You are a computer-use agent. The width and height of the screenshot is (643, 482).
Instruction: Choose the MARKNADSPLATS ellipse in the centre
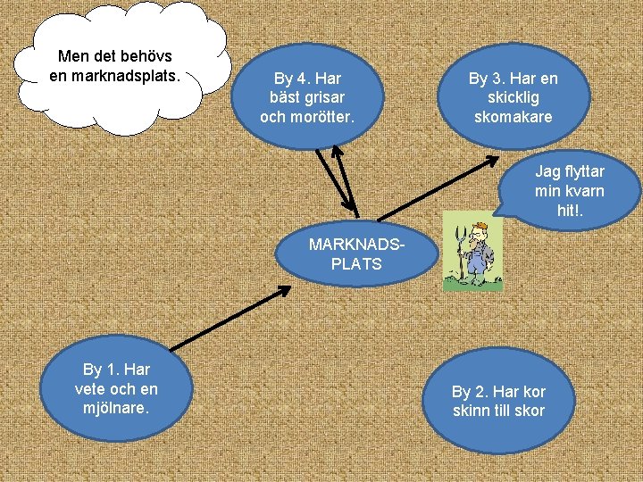356,253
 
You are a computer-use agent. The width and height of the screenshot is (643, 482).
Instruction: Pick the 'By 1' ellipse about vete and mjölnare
116,388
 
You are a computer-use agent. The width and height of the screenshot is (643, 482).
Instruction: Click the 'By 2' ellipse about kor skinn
498,402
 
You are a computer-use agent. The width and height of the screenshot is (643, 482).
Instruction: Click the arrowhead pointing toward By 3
491,161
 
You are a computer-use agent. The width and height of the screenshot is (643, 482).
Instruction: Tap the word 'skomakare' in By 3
513,117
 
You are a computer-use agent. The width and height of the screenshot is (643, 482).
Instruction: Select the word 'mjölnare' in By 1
116,408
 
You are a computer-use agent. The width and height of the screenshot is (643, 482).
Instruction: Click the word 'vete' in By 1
94,388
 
